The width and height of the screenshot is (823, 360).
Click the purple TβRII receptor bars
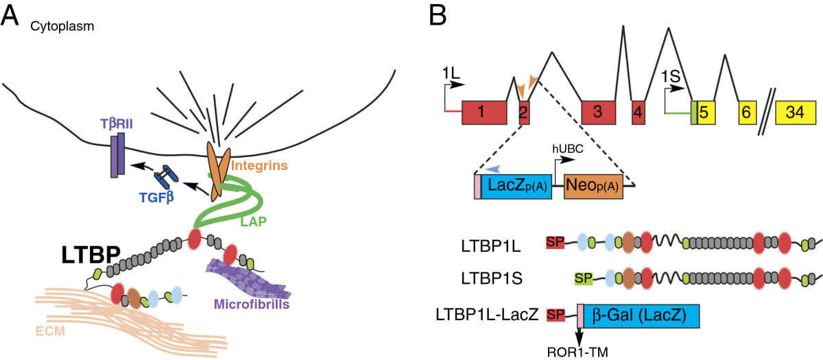click(x=117, y=155)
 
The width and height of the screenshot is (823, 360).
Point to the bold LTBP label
click(x=91, y=256)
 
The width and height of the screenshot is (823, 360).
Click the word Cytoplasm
click(x=62, y=26)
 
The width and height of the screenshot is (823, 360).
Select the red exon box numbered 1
click(x=484, y=112)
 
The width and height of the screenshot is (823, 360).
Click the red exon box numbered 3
click(x=597, y=112)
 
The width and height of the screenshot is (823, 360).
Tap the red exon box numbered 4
click(x=638, y=112)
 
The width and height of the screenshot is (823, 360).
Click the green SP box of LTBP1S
click(x=584, y=278)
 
